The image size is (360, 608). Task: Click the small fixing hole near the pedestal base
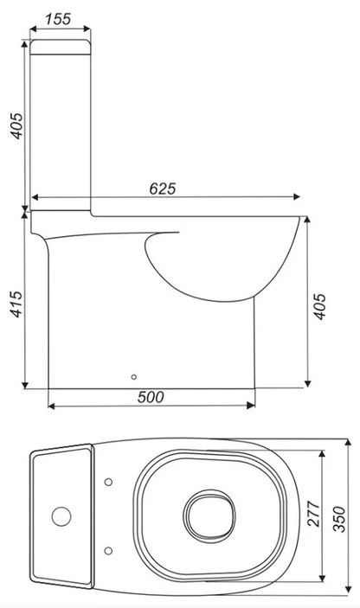click(132, 377)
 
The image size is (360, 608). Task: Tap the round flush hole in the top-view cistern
click(61, 517)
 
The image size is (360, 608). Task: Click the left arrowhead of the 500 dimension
click(51, 406)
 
